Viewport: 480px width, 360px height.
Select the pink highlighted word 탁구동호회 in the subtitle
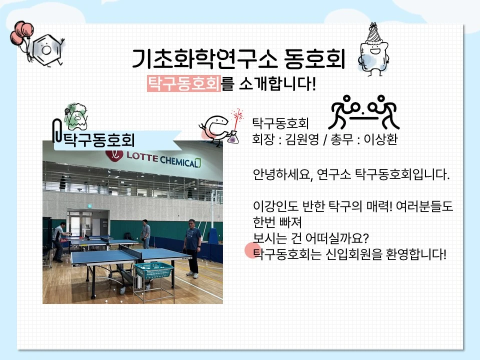(x=184, y=83)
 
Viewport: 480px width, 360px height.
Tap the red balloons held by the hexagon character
(x=21, y=33)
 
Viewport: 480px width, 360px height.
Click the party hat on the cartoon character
(x=373, y=32)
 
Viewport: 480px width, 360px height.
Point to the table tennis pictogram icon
(x=363, y=112)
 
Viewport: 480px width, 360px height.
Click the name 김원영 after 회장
(x=301, y=139)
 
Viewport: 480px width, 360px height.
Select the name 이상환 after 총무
(x=380, y=139)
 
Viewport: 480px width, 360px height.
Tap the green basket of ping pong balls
(x=154, y=270)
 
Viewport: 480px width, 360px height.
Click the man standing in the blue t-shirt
(x=192, y=248)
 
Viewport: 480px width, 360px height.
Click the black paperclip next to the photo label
(x=57, y=131)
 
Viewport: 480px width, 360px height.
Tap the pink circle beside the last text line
(x=253, y=250)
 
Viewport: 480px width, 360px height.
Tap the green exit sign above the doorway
(x=89, y=206)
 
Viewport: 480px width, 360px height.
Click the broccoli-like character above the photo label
(x=76, y=116)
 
